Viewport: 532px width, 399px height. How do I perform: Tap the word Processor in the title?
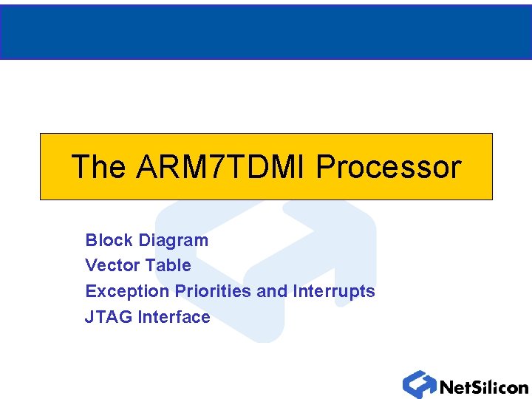click(388, 167)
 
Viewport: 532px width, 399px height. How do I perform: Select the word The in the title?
click(98, 167)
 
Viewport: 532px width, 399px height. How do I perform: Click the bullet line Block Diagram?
click(147, 240)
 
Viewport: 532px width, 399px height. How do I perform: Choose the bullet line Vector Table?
click(138, 265)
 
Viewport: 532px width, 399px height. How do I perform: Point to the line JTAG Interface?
click(148, 317)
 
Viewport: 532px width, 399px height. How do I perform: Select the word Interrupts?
click(334, 291)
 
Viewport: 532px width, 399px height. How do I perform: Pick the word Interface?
click(174, 317)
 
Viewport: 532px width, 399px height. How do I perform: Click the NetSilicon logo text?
click(484, 386)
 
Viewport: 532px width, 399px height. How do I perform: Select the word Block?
click(109, 240)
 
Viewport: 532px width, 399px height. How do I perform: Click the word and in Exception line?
click(272, 291)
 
